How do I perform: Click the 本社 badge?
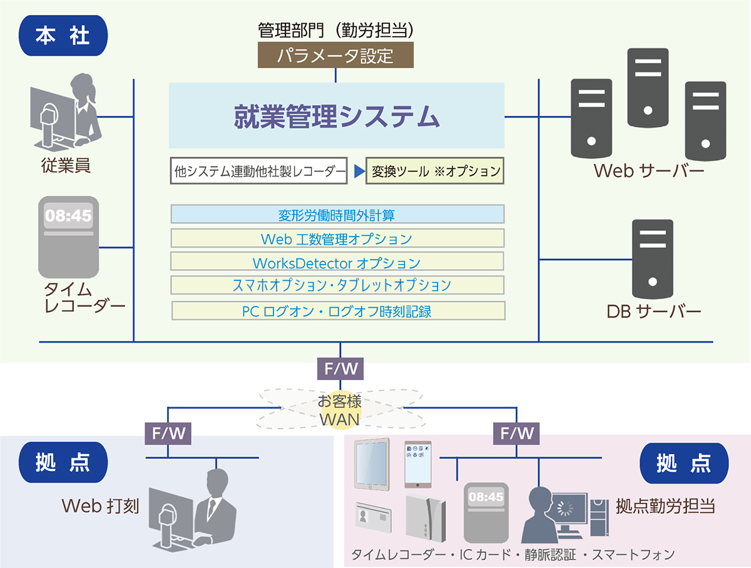click(x=63, y=35)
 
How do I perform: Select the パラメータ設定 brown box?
click(x=335, y=56)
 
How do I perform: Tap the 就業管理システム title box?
click(x=336, y=116)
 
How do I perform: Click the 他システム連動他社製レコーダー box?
click(x=258, y=171)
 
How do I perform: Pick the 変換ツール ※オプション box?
click(x=435, y=171)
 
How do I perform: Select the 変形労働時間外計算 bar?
click(x=337, y=215)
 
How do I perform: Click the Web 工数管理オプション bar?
click(x=337, y=238)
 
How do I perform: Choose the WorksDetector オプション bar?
click(x=337, y=262)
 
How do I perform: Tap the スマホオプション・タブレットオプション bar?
click(x=337, y=285)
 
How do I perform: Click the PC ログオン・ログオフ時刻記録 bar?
click(x=337, y=311)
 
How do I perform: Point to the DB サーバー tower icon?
click(x=653, y=258)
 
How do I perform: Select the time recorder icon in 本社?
click(x=68, y=237)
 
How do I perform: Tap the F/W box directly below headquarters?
click(x=340, y=368)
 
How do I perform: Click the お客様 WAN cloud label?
click(x=340, y=410)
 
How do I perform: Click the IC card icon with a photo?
click(x=374, y=517)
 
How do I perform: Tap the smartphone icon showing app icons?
click(x=418, y=464)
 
